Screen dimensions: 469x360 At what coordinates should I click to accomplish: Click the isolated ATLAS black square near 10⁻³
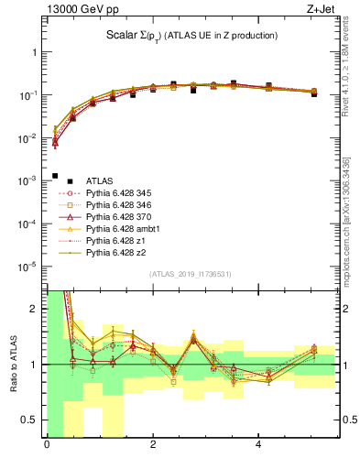55,176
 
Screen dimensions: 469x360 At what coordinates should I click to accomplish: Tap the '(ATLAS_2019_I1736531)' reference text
190,274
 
